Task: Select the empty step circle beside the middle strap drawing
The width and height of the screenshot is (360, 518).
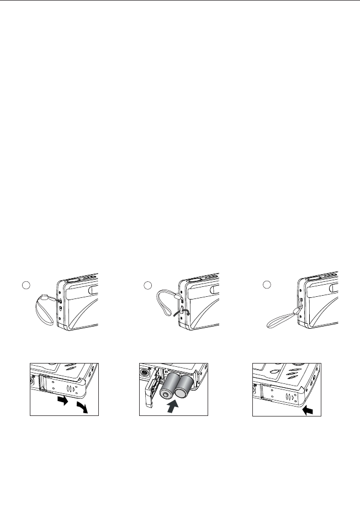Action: [x=147, y=285]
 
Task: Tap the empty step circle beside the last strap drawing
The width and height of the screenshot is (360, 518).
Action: [x=267, y=285]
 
